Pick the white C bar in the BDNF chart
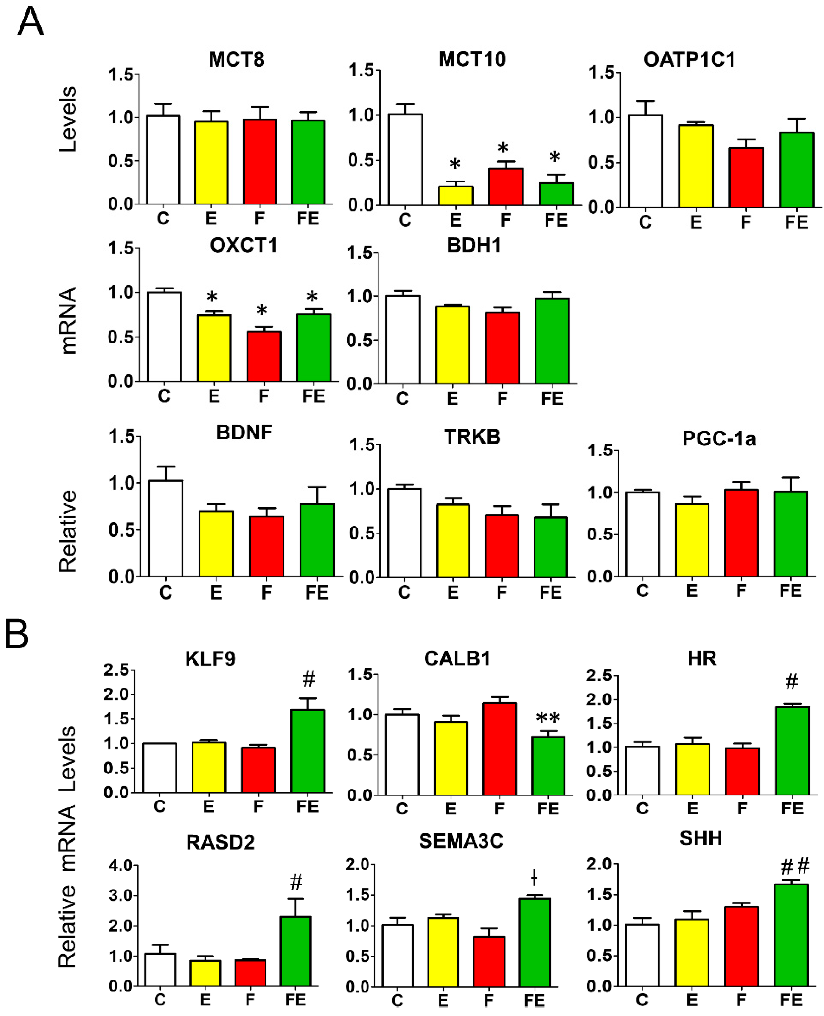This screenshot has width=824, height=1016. click(165, 529)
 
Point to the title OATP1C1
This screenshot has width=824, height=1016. click(689, 60)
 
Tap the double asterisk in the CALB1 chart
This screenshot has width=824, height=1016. click(548, 718)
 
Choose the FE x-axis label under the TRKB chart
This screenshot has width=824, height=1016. click(550, 592)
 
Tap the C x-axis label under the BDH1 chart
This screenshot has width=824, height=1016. click(402, 399)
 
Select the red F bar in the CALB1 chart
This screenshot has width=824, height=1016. click(499, 749)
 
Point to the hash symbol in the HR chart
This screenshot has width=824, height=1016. click(791, 682)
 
